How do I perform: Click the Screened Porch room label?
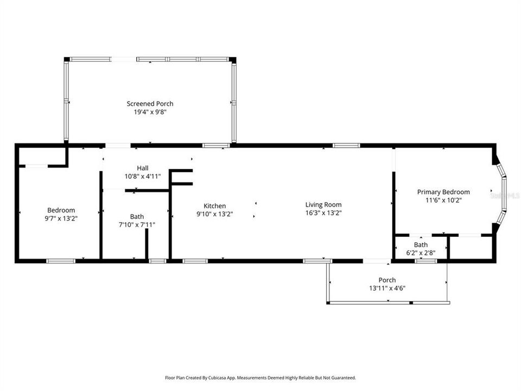[x=150, y=104]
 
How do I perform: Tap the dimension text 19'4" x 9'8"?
[x=150, y=112]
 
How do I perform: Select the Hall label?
[x=143, y=168]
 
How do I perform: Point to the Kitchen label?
[x=215, y=206]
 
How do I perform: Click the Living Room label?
[x=323, y=205]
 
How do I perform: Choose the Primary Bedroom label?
[x=443, y=192]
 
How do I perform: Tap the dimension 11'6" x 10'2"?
[x=443, y=200]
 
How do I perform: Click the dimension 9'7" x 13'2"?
[x=61, y=218]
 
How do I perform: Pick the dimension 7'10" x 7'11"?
[x=137, y=225]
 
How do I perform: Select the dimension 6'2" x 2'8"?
[x=421, y=253]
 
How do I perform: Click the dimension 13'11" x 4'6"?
[x=387, y=288]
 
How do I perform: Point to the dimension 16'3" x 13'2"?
[x=323, y=213]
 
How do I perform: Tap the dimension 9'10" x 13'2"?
[x=215, y=214]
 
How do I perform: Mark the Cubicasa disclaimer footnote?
[x=260, y=378]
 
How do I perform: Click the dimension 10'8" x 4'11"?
[x=143, y=176]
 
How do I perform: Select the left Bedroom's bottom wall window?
[x=61, y=261]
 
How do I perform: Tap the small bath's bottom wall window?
[x=425, y=261]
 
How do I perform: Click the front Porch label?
[x=387, y=280]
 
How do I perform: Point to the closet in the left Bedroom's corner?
[x=42, y=156]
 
